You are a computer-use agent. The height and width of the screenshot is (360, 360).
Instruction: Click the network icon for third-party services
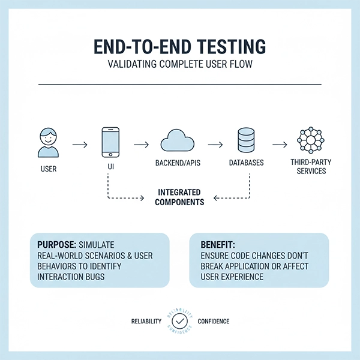point(311,142)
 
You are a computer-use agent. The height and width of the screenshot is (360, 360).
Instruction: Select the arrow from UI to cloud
point(141,145)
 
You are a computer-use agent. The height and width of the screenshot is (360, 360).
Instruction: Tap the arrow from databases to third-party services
point(278,145)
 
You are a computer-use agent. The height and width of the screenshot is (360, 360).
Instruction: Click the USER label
point(49,169)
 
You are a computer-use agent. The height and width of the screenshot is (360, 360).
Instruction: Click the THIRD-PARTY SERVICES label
point(311,167)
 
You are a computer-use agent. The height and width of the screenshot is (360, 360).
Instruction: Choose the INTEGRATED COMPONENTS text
point(179,197)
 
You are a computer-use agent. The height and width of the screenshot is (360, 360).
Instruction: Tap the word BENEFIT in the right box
point(215,245)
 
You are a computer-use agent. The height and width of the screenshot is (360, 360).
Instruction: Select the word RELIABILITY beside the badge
point(146,322)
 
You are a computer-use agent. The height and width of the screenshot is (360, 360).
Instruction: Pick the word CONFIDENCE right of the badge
point(214,322)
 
